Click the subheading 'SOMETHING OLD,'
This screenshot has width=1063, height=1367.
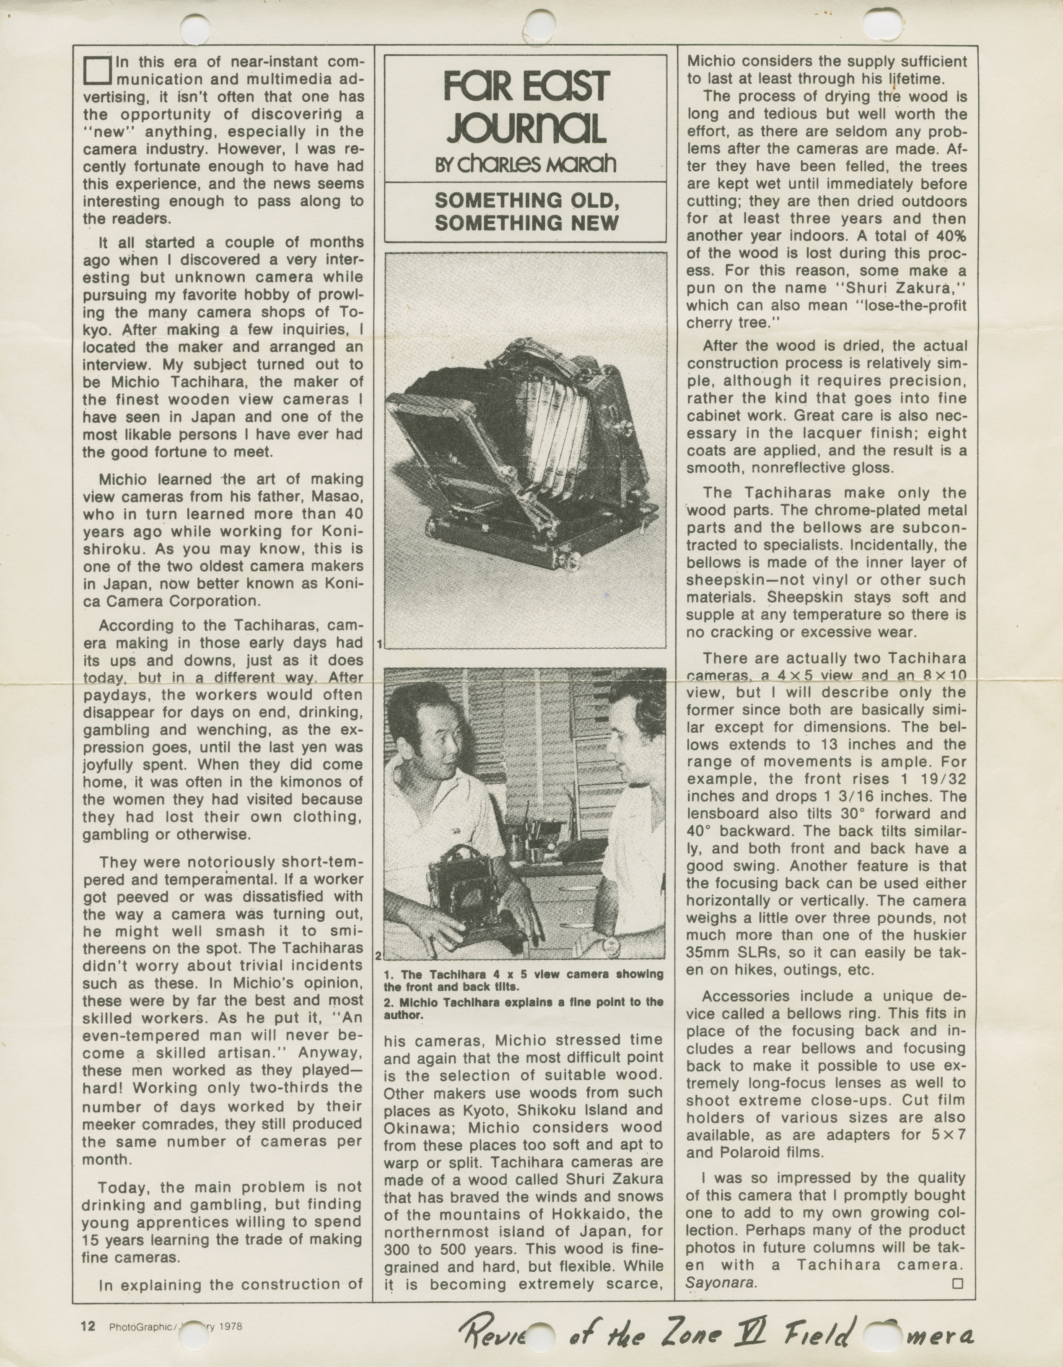click(x=526, y=200)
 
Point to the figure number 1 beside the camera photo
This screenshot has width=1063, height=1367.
click(x=380, y=643)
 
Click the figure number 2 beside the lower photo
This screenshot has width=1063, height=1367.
click(x=380, y=956)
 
